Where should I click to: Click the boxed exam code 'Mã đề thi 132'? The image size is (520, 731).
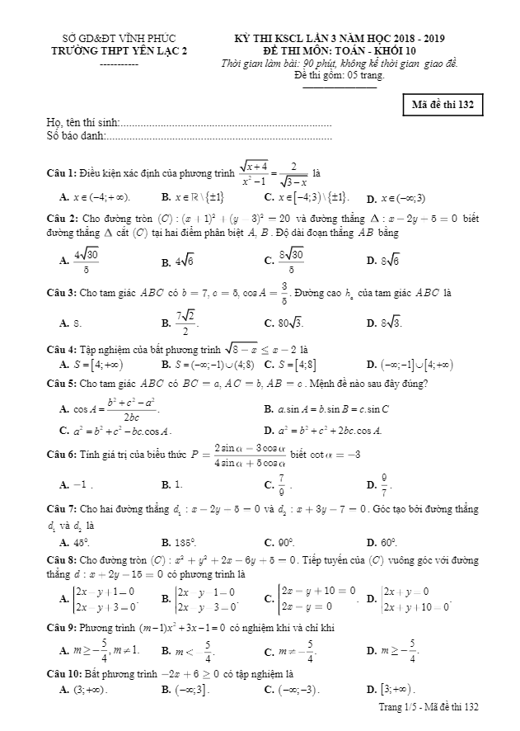[x=442, y=106]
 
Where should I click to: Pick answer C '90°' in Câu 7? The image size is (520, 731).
[x=280, y=542]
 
